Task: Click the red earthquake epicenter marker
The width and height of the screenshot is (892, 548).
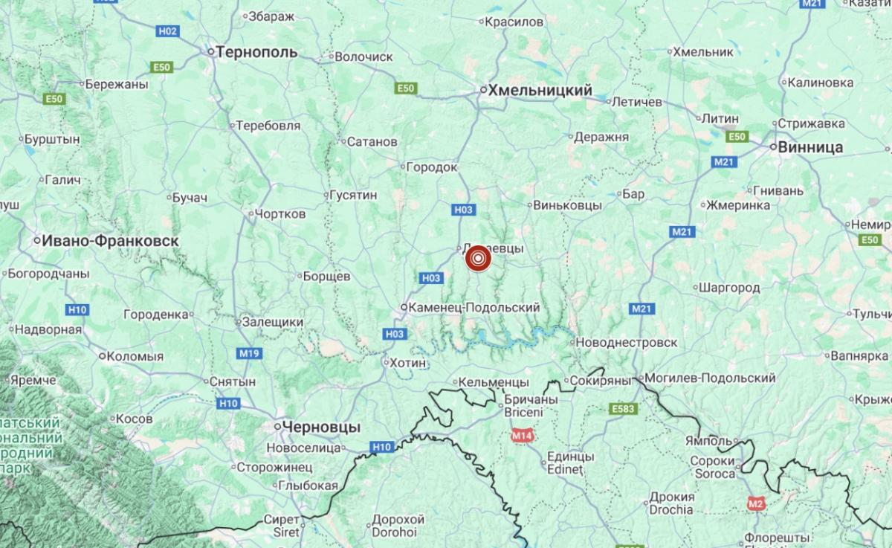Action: tap(479, 258)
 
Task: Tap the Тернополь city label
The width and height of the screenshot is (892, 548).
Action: tap(256, 52)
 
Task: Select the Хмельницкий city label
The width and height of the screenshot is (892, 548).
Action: tap(540, 90)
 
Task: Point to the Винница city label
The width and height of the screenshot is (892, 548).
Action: tap(810, 147)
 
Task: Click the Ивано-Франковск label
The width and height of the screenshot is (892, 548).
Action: tap(110, 241)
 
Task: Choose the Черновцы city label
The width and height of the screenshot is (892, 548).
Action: tap(321, 428)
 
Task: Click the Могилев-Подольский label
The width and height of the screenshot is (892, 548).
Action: tap(710, 378)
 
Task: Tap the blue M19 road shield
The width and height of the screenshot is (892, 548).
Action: tap(248, 353)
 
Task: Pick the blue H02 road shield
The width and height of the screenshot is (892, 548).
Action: tap(168, 31)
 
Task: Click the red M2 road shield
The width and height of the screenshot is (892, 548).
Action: tap(756, 505)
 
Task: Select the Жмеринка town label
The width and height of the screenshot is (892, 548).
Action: tap(738, 204)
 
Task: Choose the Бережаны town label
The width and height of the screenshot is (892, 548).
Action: tap(117, 84)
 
